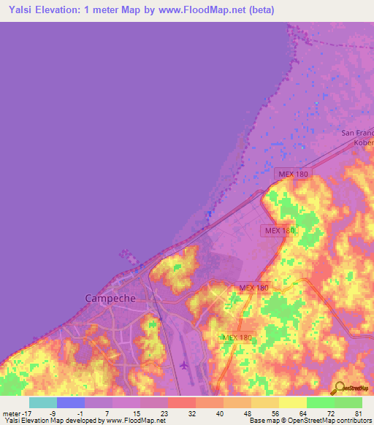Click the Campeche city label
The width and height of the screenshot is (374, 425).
pos(110,298)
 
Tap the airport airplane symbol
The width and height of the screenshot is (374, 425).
pos(183,364)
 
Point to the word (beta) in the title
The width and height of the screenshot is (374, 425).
pos(280,9)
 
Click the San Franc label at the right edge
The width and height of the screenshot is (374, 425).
pos(358,133)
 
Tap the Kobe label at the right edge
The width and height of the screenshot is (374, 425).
pos(363,144)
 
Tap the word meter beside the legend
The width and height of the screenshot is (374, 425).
pos(12,413)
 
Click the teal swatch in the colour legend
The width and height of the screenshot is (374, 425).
pos(42,402)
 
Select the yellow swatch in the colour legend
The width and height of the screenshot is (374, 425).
pos(292,402)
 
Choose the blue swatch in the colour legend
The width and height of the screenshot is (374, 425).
pos(70,402)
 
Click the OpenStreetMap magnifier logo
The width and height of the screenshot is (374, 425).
pos(339,388)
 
